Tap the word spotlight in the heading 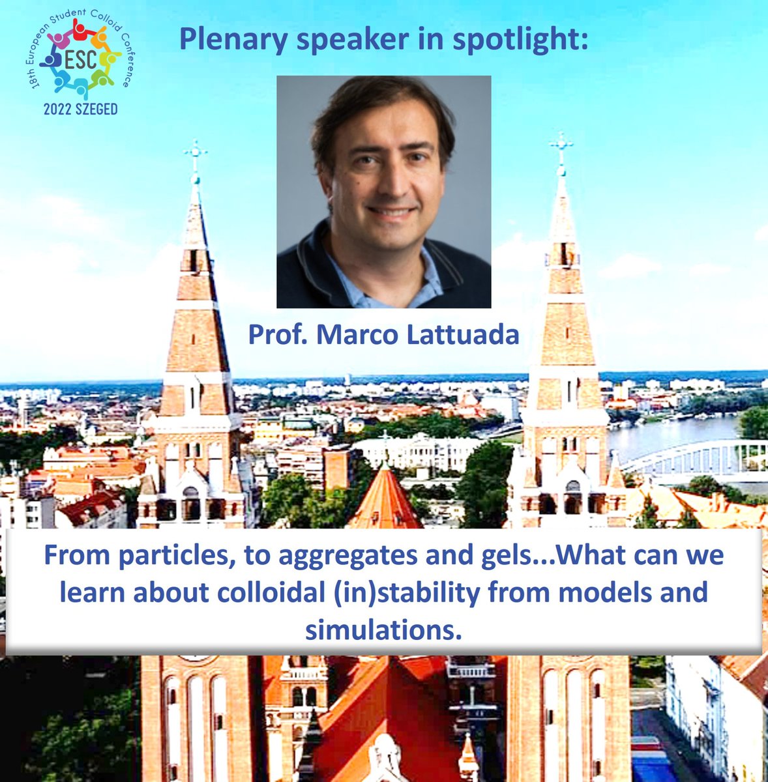coord(520,40)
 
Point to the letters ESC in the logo coord(81,59)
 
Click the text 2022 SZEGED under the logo coord(81,109)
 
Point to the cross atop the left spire coord(195,153)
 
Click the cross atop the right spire coord(561,145)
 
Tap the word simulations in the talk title coord(383,630)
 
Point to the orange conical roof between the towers coord(385,499)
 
